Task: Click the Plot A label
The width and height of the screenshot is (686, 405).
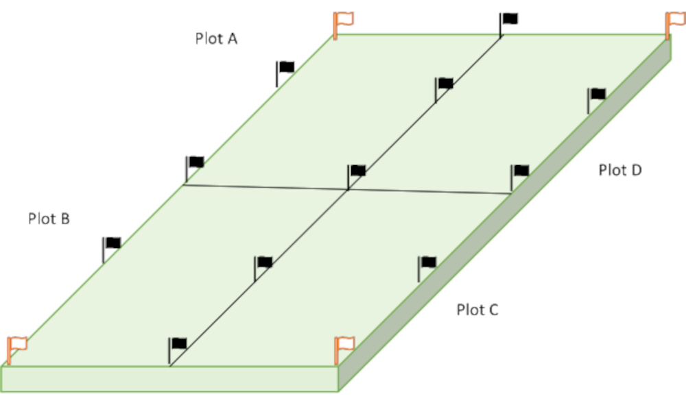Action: pos(216,38)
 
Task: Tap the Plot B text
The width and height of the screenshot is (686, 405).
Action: pos(49,219)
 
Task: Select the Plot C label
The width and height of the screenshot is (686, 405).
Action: pos(477,310)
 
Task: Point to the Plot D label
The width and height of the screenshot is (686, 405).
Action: pos(620,170)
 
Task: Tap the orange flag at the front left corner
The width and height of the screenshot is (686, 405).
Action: pos(15,346)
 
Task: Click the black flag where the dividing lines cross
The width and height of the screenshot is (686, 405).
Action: pos(355,173)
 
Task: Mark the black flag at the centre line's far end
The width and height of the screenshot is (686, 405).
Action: pos(508,21)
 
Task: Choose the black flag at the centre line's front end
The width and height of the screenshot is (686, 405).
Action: pos(177,346)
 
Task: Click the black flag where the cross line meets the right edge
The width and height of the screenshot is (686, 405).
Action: pos(519,173)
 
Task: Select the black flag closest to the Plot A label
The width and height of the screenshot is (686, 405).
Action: pos(284,69)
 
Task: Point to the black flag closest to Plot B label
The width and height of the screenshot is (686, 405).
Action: pos(110,245)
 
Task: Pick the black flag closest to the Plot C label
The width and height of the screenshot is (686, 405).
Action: pos(426,264)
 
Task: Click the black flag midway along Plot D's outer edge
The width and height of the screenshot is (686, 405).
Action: pos(595,96)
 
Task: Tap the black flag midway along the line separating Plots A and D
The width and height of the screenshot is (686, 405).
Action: pos(443,86)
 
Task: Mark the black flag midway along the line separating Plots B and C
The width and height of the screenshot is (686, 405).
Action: pos(262,264)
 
